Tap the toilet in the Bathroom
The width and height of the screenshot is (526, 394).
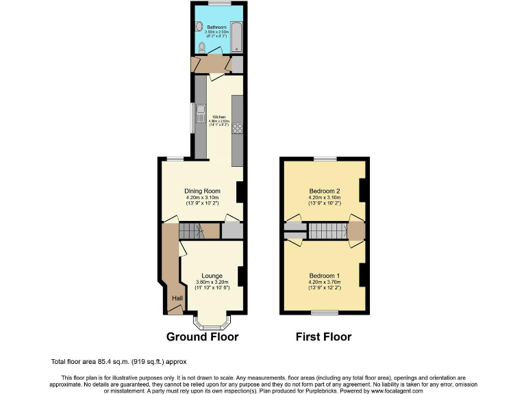(x=201, y=47)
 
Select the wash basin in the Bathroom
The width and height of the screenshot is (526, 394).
(x=199, y=27)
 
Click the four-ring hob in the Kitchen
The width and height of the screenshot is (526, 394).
(x=237, y=128)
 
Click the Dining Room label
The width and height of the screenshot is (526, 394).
(x=201, y=191)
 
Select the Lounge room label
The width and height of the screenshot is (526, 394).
(x=211, y=276)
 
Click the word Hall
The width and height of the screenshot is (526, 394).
(x=177, y=298)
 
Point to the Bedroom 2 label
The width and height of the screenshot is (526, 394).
(x=325, y=191)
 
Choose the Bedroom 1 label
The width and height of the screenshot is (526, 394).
(x=325, y=276)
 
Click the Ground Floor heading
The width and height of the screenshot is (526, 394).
(x=203, y=337)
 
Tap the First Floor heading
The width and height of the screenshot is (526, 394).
(x=323, y=337)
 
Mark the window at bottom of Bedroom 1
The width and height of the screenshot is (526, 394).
(x=325, y=313)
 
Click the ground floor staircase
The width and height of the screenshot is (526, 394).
(x=191, y=232)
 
